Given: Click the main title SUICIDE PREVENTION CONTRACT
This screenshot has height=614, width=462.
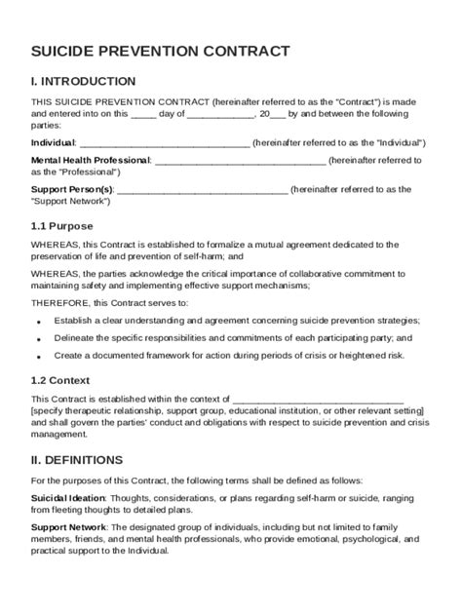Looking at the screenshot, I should tap(160, 50).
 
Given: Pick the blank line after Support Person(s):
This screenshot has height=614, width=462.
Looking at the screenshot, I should tap(202, 189).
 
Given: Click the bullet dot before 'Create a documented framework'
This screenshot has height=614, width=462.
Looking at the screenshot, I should tap(38, 357).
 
